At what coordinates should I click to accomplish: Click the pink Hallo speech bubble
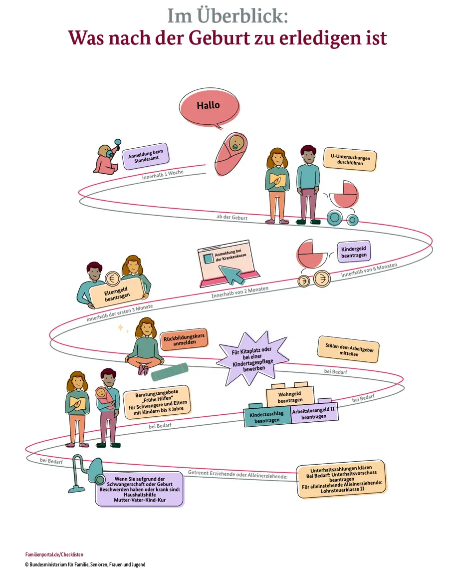tap(208, 106)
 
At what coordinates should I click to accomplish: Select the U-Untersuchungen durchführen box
tap(350, 160)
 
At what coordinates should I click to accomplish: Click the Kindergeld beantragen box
tap(354, 252)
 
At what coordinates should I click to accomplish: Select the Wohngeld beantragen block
tap(290, 397)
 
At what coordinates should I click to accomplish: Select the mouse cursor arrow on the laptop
tap(230, 273)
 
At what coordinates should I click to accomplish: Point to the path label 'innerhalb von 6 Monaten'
tap(369, 270)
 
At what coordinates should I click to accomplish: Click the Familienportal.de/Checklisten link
tap(54, 555)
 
